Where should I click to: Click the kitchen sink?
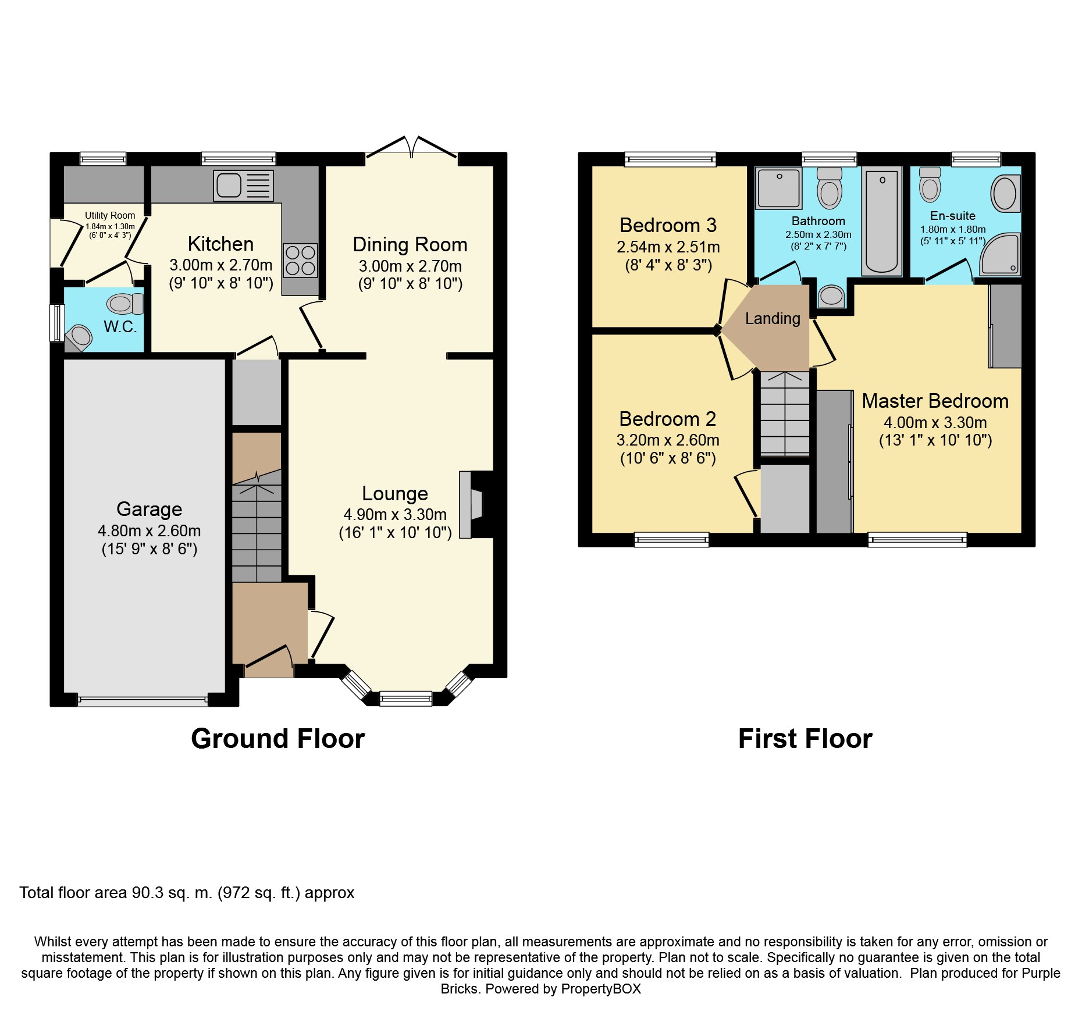(243, 186)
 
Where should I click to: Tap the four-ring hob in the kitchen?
(301, 261)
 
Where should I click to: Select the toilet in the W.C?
(125, 304)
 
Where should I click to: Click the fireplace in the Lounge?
(471, 504)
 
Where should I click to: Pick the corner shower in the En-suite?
(1001, 254)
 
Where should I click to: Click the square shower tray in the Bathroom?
(778, 188)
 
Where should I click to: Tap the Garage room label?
(150, 509)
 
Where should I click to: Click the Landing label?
(773, 318)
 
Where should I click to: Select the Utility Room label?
(110, 215)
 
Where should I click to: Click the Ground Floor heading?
(278, 739)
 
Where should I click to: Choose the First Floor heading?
(805, 739)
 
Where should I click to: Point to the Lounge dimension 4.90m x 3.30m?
(395, 515)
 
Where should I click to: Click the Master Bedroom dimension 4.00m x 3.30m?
(935, 423)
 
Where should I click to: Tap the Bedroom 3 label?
(668, 225)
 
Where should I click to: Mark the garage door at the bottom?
(143, 700)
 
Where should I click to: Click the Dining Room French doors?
(411, 147)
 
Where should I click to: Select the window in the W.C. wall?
(57, 323)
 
